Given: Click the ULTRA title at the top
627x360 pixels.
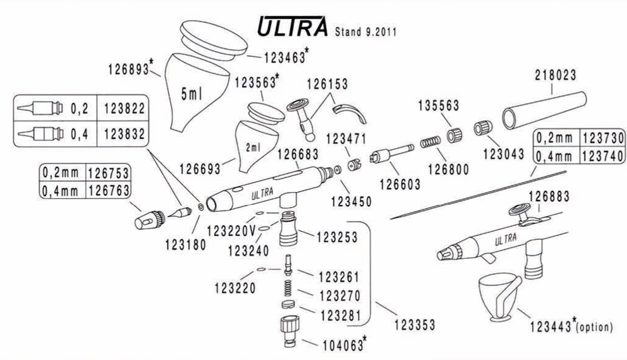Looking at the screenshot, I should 292,27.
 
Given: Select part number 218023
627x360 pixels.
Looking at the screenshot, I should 555,75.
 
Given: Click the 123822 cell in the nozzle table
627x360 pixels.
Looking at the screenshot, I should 124,109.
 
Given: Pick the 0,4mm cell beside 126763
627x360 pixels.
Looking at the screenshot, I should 60,191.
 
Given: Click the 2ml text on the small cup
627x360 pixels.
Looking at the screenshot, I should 253,147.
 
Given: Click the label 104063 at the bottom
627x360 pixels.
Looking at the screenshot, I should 341,345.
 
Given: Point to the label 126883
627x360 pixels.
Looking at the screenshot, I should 549,196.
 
